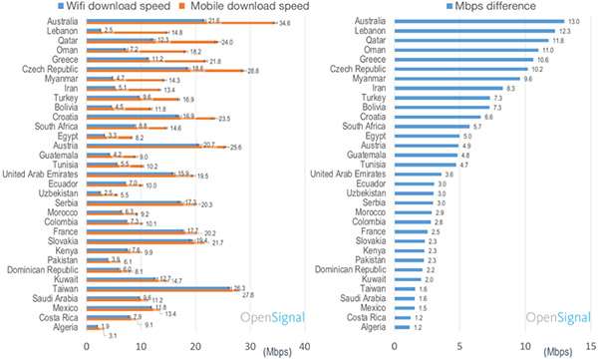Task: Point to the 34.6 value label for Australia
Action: click(284, 24)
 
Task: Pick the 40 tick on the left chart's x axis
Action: click(304, 347)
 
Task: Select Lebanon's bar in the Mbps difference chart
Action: click(475, 30)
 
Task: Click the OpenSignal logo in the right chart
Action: click(557, 318)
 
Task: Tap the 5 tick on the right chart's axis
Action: click(457, 347)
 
